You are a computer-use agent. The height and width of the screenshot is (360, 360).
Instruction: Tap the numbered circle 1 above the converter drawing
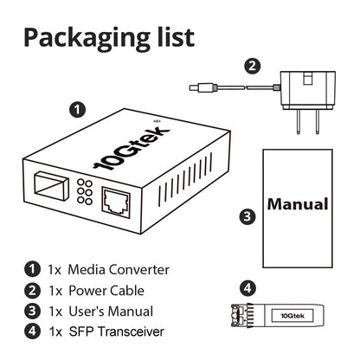[x=77, y=110]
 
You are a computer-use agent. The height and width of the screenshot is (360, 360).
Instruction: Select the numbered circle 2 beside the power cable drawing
[x=252, y=66]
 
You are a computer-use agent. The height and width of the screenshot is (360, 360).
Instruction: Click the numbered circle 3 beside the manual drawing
[x=246, y=215]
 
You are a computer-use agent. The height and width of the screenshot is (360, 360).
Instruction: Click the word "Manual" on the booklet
[x=297, y=205]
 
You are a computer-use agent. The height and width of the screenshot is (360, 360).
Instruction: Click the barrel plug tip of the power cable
[x=197, y=86]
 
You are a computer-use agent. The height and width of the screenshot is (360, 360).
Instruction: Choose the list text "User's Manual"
[x=111, y=311]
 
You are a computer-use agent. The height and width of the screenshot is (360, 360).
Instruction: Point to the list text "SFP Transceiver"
[x=114, y=331]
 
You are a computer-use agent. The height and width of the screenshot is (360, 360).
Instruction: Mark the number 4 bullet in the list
[x=32, y=331]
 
